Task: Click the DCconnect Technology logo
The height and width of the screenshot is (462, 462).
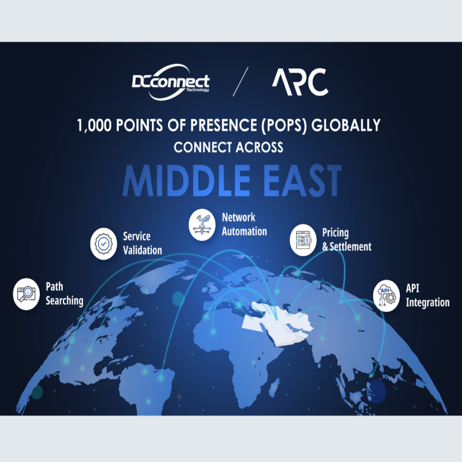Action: coord(171,82)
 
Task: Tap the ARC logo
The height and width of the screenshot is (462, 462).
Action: coord(300,82)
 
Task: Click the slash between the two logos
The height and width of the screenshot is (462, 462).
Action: coord(240,82)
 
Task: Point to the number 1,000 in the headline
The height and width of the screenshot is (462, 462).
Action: coord(94,125)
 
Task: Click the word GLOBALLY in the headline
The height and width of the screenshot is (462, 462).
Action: coord(346,125)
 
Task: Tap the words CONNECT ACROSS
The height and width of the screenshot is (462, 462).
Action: coord(228,147)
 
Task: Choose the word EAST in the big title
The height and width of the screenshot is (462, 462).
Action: coord(302,181)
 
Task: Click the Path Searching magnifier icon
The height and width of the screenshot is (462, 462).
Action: coord(27,294)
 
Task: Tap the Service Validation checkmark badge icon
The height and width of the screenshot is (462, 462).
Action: coord(104,244)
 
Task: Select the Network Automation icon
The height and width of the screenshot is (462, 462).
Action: coord(202,225)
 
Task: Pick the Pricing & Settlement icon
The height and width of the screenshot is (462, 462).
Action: coord(303,240)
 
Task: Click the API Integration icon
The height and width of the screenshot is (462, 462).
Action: coord(387,296)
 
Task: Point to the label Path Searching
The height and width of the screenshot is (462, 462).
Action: coord(65,294)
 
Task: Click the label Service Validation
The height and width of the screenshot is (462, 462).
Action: coord(142,243)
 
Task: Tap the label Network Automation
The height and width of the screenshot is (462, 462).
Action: coord(244,225)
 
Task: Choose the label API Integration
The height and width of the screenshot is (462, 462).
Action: coord(427,296)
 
